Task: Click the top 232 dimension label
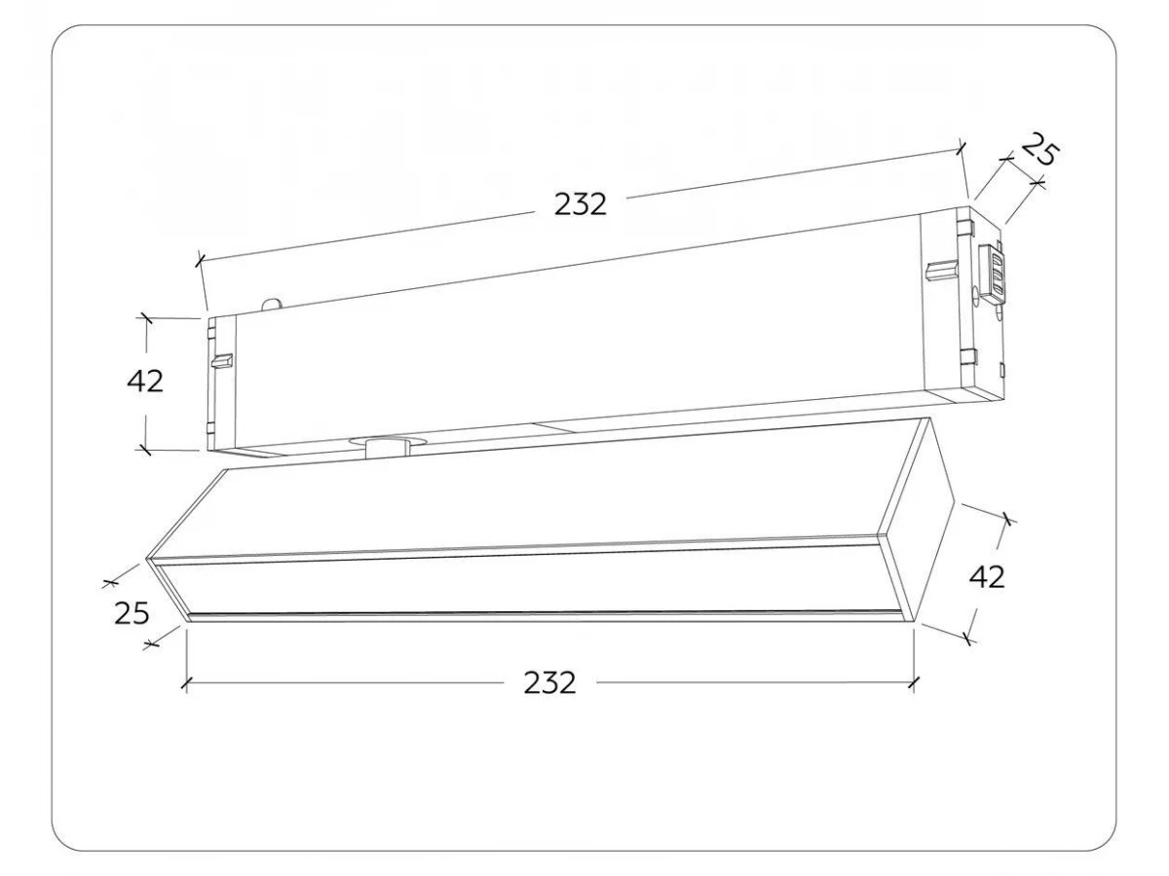coord(580,204)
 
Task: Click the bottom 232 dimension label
coord(549,683)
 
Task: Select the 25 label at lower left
coord(132,614)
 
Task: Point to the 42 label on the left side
coord(145,381)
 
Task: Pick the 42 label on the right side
coord(987,576)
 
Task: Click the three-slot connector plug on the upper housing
coord(994,274)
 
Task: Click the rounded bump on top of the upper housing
coord(272,305)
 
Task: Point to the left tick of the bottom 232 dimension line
coord(185,685)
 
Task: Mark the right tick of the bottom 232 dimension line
coord(914,683)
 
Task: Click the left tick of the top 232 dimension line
coord(200,260)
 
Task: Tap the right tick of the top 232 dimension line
coord(961,148)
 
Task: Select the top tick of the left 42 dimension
coord(145,318)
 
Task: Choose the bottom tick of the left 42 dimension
coord(143,450)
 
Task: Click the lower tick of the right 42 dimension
coord(968,637)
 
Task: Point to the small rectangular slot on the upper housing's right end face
coord(1001,369)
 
